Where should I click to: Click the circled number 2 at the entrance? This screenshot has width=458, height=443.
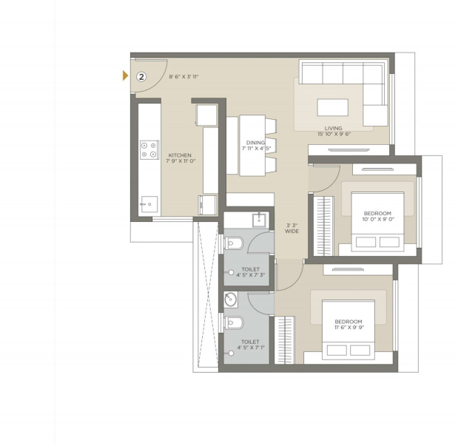pos(141,77)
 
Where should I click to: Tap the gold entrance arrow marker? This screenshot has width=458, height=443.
pos(125,75)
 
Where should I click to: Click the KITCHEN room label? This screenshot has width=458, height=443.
pos(180,155)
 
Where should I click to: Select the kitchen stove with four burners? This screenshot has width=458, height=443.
pos(149,150)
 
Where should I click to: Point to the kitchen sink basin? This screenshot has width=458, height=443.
pos(149,204)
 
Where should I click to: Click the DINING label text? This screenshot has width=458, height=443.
pos(255,143)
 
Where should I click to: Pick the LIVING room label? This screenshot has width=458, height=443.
pos(333,128)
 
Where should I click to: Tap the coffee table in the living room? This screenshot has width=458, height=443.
pos(333,107)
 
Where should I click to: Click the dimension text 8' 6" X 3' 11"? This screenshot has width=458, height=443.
pos(183,77)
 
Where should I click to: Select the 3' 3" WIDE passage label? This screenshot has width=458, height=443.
pos(292,229)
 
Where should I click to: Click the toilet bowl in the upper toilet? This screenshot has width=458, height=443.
pos(234,243)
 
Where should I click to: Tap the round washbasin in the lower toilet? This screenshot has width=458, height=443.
pos(230,300)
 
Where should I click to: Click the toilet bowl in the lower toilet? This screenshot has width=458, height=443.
pos(234,322)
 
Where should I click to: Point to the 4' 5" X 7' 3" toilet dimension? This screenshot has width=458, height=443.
pos(251,275)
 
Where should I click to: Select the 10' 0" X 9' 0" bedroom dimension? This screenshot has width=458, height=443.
pos(378,219)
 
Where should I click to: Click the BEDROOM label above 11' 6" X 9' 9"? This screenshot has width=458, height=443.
pos(348,322)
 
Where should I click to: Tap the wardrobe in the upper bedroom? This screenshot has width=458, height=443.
pos(323,226)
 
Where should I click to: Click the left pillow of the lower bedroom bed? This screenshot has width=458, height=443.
pos(337,351)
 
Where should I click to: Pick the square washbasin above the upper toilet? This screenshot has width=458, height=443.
pos(259,220)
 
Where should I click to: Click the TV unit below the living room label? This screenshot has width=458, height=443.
pos(348,150)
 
